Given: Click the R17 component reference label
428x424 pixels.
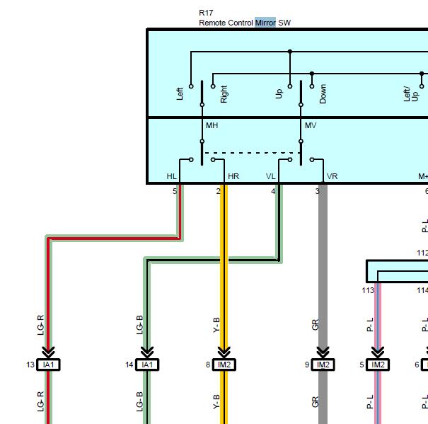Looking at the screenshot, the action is [206, 13].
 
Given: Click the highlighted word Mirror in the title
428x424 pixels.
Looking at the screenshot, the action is [265, 23].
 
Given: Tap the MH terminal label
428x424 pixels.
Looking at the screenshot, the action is [212, 125].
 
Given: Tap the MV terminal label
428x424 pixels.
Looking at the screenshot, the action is [311, 125].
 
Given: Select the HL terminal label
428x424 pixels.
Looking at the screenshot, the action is [172, 176].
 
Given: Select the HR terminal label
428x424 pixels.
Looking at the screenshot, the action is [233, 176].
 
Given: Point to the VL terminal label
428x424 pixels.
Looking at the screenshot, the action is [271, 176].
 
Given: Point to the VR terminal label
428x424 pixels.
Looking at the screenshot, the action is [332, 176].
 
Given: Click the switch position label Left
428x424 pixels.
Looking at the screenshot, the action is [180, 93].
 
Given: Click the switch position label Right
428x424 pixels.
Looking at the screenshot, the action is [224, 94].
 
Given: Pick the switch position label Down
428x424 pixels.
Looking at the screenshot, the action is [323, 93].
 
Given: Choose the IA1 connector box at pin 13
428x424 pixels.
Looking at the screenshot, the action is [48, 365].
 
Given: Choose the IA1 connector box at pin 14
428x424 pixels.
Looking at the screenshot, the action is [147, 365].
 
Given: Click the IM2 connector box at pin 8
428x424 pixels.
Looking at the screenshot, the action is [224, 365].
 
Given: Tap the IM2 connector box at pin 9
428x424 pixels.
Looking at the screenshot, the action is [323, 365].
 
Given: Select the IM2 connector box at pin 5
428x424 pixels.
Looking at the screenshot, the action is [378, 365].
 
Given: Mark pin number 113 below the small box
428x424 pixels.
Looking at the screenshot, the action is [368, 290].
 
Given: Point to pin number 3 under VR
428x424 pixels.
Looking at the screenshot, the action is [317, 191].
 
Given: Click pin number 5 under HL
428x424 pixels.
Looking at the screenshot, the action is [175, 191].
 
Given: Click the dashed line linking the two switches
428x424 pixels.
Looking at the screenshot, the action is [251, 153].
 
